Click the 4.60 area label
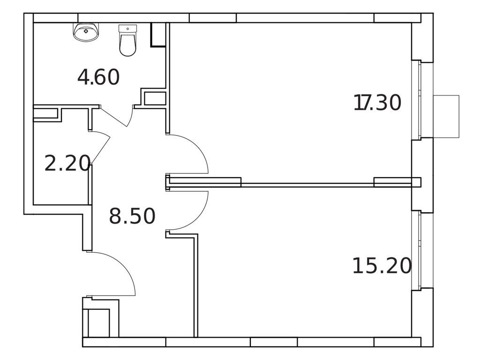(x=98, y=77)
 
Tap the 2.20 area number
(x=67, y=164)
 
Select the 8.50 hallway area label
(x=132, y=217)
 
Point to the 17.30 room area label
(x=378, y=103)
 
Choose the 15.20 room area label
(x=382, y=266)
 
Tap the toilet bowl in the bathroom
(x=127, y=46)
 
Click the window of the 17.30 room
(x=416, y=100)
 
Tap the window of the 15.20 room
(x=416, y=250)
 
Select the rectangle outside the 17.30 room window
(x=446, y=116)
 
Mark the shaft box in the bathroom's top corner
(x=158, y=35)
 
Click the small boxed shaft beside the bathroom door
(x=155, y=98)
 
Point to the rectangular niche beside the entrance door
(x=99, y=322)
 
